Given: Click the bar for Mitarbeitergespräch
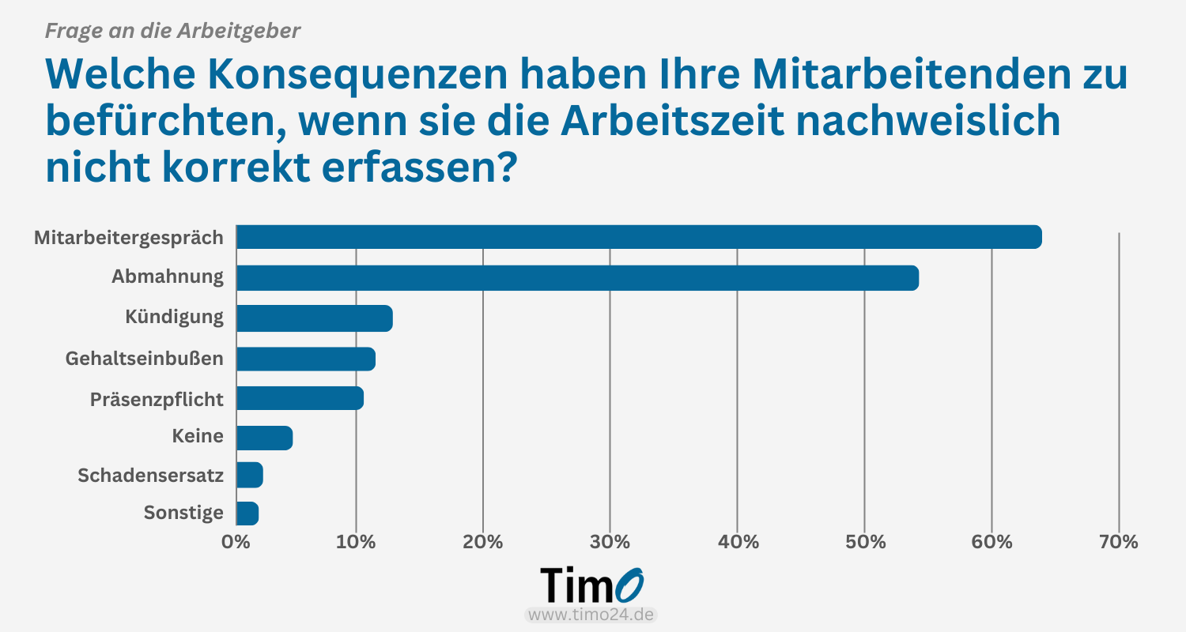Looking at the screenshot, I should point(639,237).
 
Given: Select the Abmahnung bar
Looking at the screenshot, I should point(577,278).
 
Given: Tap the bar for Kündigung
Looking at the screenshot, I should point(315,318).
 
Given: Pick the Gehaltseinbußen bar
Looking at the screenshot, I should point(306,359).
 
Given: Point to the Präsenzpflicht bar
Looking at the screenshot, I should point(300,398).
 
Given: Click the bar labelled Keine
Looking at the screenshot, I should point(265,438).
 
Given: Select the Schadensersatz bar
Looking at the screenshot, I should point(250,476).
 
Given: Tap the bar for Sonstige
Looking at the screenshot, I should point(247,513).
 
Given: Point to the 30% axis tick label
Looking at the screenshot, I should point(610,542).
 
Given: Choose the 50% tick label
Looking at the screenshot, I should point(864,542).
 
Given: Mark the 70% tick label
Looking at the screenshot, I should point(1119,542).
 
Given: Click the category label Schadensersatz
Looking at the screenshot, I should point(150,476).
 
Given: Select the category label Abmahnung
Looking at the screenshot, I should point(167,277).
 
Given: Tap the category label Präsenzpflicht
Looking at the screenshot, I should point(157,399).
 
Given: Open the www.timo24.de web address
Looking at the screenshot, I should point(591,615).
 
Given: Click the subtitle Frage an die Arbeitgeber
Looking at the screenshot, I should point(172,32).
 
